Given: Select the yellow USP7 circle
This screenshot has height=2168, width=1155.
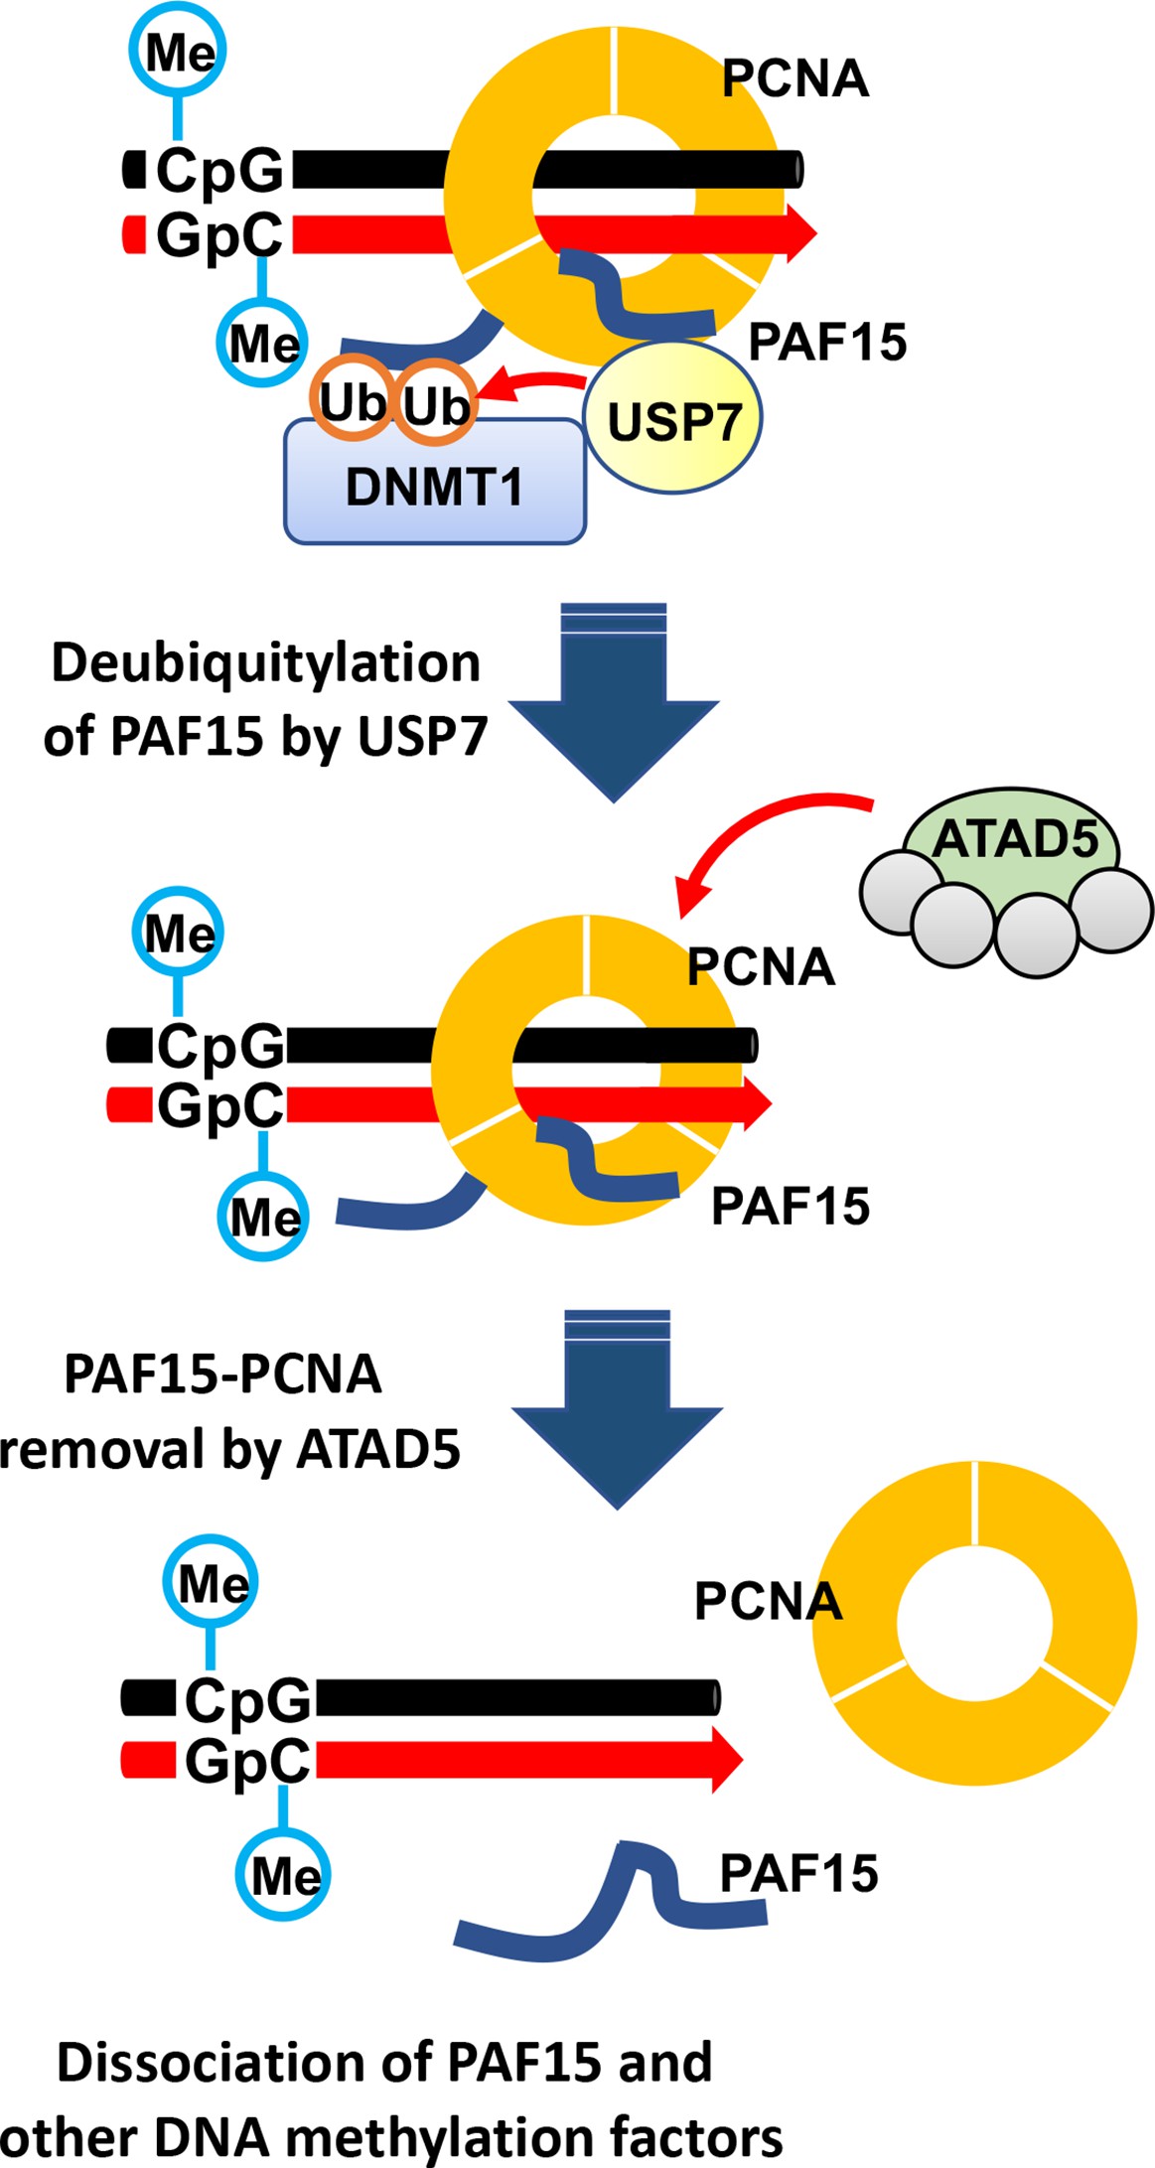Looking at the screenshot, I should [673, 420].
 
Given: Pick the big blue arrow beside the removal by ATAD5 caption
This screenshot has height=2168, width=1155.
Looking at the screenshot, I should [617, 1406].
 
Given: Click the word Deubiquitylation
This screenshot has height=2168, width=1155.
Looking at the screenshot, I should [265, 663].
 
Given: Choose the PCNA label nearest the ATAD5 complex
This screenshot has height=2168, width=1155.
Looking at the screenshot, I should [761, 966].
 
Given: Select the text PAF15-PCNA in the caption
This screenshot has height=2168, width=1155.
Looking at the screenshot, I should [222, 1374].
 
